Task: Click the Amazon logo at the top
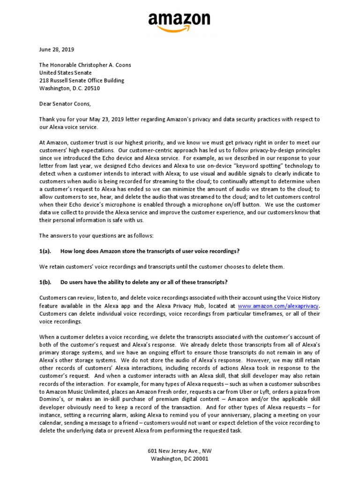tap(180, 20)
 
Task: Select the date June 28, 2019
tap(57, 49)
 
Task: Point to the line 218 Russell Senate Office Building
tap(82, 80)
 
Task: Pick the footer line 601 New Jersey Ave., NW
tap(180, 451)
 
